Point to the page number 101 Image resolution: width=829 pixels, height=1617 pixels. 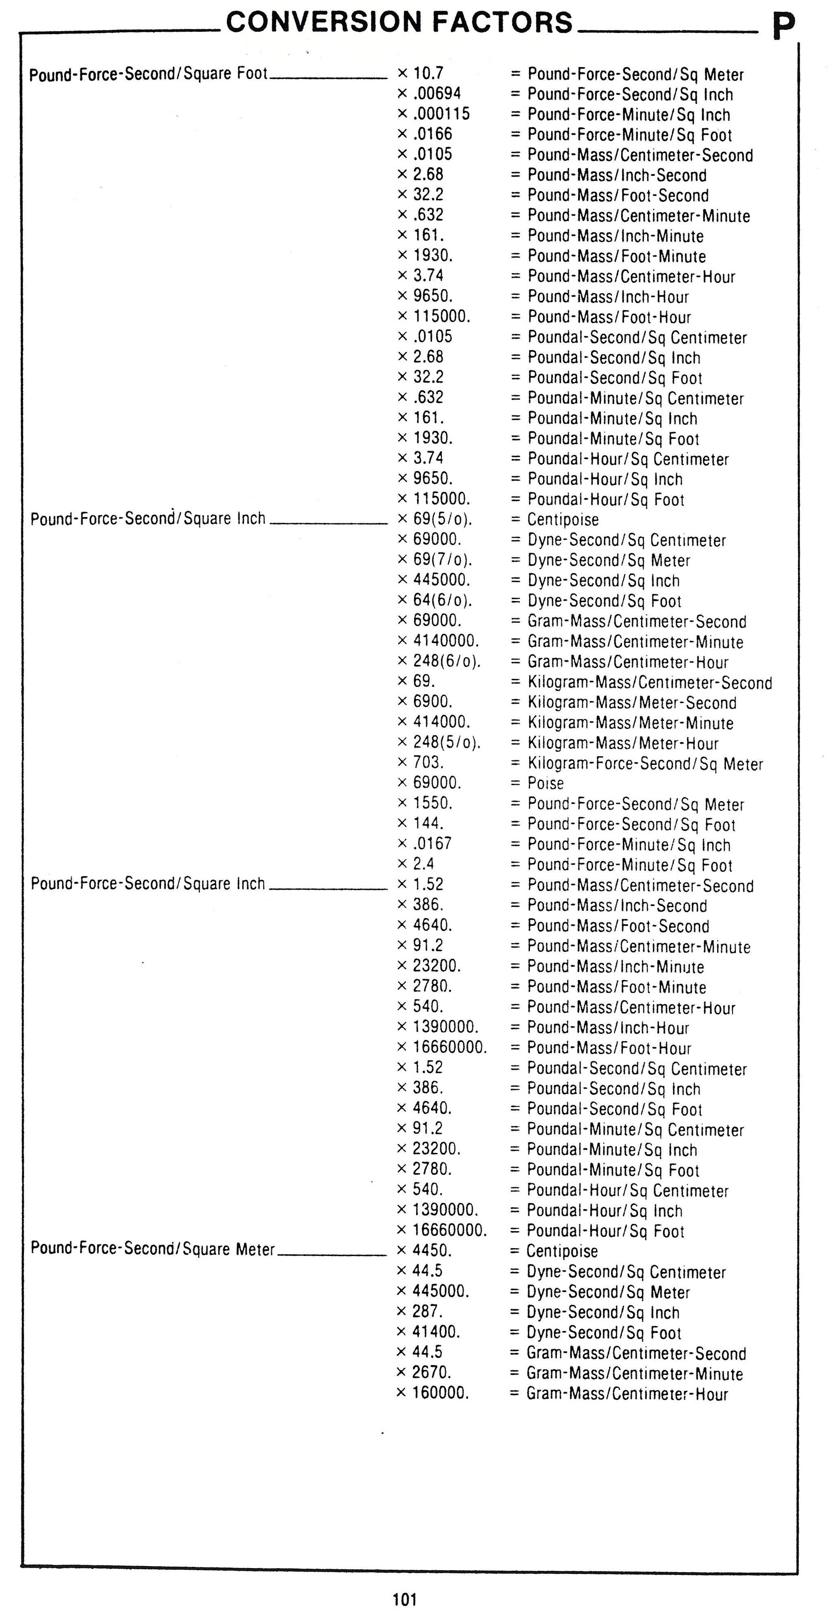[404, 1599]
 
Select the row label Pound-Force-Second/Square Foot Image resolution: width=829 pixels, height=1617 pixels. [149, 74]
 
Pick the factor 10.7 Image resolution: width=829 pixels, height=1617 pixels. [428, 73]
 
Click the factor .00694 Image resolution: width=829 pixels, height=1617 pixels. [437, 94]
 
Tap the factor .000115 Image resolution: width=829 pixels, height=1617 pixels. [441, 114]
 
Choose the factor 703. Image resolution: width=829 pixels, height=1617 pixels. [428, 762]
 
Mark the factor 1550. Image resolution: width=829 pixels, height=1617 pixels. [432, 803]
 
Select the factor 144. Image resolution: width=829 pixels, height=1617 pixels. [428, 823]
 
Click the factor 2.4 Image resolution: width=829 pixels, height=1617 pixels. [423, 864]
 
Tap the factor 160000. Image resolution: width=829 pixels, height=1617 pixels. [441, 1393]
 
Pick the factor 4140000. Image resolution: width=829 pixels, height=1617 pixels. [445, 641]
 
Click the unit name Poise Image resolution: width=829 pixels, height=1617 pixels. [545, 783]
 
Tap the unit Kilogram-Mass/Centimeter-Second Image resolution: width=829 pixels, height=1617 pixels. [650, 682]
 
